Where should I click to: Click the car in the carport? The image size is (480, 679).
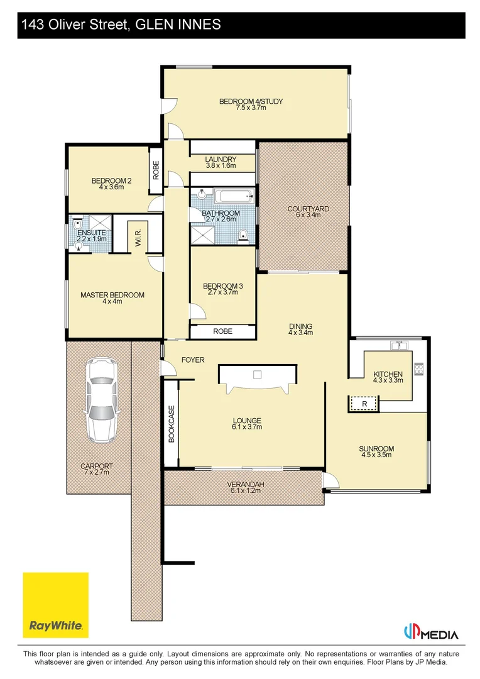click(x=102, y=400)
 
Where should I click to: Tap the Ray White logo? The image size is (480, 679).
click(x=56, y=605)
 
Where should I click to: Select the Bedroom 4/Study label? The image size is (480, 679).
click(x=251, y=101)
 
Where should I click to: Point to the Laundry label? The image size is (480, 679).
click(x=221, y=159)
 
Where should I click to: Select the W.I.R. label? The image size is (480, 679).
click(x=138, y=237)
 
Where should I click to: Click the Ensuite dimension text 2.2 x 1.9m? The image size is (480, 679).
click(x=92, y=239)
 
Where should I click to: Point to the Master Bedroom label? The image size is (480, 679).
click(x=112, y=295)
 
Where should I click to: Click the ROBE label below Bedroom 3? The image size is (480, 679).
click(x=222, y=331)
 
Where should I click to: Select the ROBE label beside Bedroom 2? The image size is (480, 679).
click(x=156, y=170)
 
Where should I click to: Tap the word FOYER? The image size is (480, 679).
click(x=193, y=360)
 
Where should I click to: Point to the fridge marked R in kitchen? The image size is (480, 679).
click(x=364, y=404)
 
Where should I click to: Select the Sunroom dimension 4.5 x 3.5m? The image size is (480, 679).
click(x=376, y=455)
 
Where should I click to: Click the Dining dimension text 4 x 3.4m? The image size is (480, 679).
click(x=300, y=333)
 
